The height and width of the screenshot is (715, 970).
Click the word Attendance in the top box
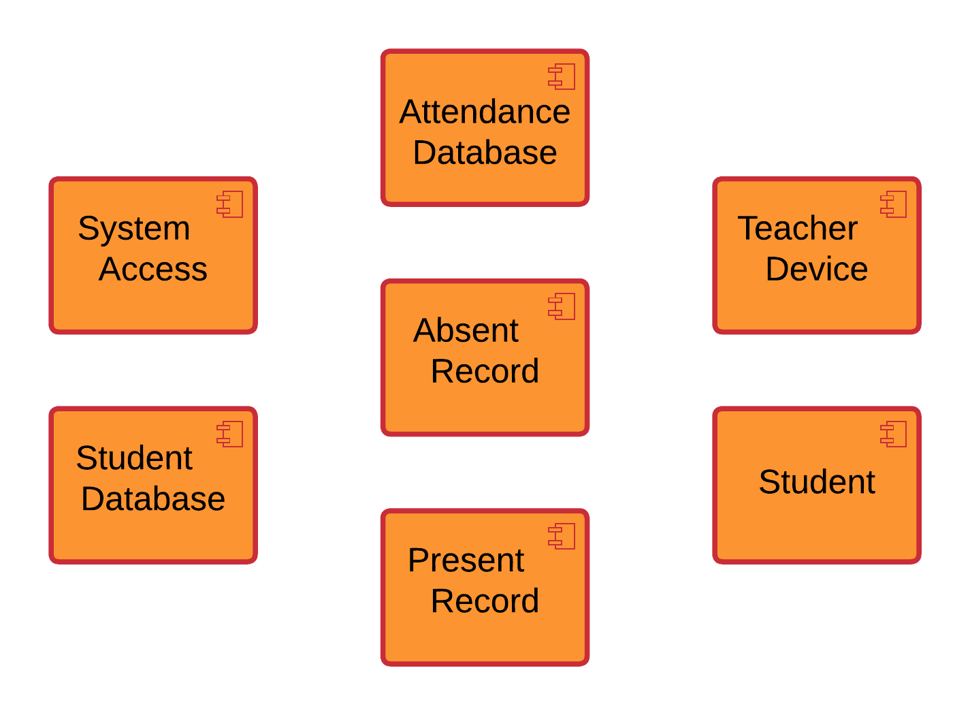point(485,112)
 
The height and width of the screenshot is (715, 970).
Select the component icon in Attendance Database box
point(562,77)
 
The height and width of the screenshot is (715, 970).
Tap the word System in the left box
point(134,228)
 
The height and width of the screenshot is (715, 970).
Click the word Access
point(153,269)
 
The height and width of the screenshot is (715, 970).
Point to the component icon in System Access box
point(230,204)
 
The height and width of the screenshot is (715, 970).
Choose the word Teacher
point(797,228)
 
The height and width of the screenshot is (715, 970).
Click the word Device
point(816,269)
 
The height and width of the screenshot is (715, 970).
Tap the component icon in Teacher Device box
point(894,204)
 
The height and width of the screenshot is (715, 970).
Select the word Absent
point(466,331)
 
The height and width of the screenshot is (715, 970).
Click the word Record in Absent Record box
point(485,372)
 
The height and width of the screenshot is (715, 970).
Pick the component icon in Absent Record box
point(562,306)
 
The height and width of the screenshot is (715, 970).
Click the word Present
point(466,560)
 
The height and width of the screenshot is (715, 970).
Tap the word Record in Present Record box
point(485,601)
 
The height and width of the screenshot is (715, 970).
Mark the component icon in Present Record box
point(562,537)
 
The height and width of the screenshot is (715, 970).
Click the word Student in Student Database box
point(134,458)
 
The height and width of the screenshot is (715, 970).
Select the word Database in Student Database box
point(153,498)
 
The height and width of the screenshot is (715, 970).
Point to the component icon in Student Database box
point(230,434)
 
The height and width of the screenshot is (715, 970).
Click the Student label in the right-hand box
point(816,482)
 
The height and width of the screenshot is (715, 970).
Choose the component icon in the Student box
point(894,434)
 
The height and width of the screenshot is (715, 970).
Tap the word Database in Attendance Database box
point(485,153)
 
